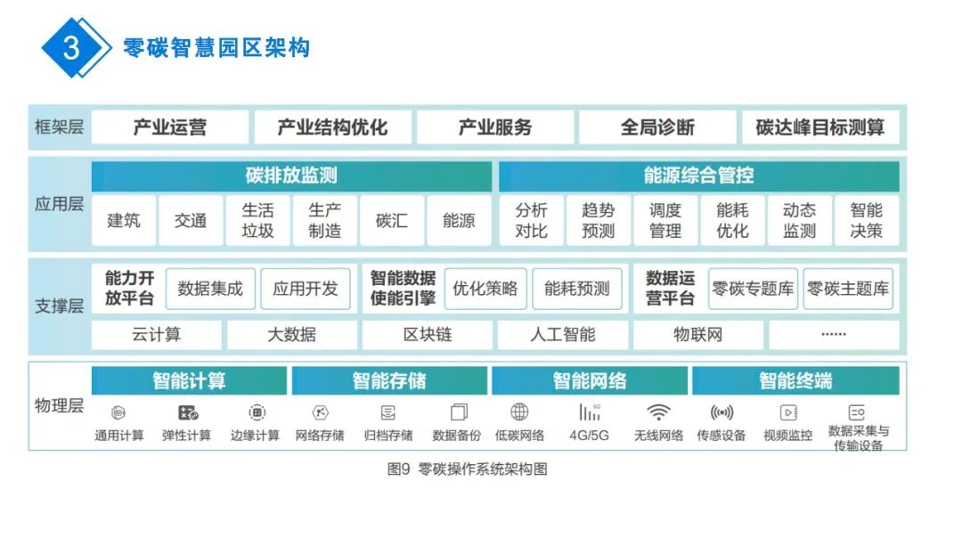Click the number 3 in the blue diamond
pyautogui.click(x=72, y=48)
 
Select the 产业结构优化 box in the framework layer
pyautogui.click(x=332, y=127)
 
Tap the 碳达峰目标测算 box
pyautogui.click(x=819, y=127)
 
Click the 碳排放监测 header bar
pyautogui.click(x=291, y=175)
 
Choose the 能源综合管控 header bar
pyautogui.click(x=698, y=175)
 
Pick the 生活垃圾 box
pyautogui.click(x=257, y=220)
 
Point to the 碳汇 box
pyautogui.click(x=392, y=220)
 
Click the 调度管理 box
pyautogui.click(x=664, y=220)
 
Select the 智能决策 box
pyautogui.click(x=866, y=220)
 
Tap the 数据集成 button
pyautogui.click(x=210, y=289)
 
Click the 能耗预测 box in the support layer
pyautogui.click(x=577, y=289)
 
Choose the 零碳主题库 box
pyautogui.click(x=848, y=289)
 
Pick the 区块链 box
pyautogui.click(x=428, y=335)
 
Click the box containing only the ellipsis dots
pyautogui.click(x=833, y=335)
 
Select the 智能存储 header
pyautogui.click(x=389, y=381)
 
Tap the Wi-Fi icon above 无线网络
pyautogui.click(x=658, y=412)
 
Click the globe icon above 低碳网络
pyautogui.click(x=519, y=412)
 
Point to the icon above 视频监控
pyautogui.click(x=788, y=412)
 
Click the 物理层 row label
pyautogui.click(x=59, y=406)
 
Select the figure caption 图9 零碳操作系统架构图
pyautogui.click(x=467, y=469)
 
